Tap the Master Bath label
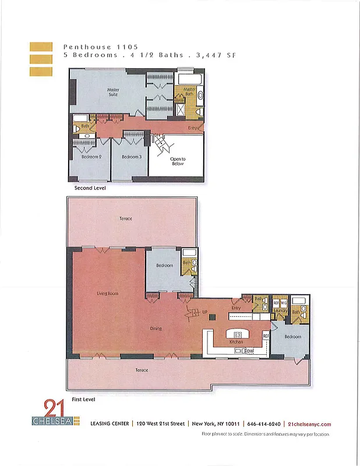pos(189,91)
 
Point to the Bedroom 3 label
pos(132,157)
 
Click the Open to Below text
pos(178,161)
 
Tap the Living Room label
pos(107,294)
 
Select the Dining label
pos(156,329)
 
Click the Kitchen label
pos(236,343)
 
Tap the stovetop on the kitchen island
pos(238,334)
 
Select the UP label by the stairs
pos(205,313)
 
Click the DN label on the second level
pos(157,135)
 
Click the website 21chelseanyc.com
pos(309,424)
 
